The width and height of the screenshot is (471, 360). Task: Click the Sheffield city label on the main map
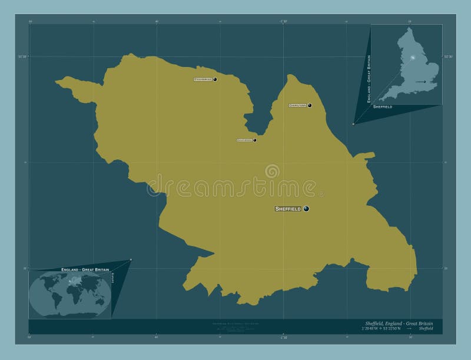pos(288,209)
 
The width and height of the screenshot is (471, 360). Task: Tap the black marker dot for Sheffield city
pos(306,209)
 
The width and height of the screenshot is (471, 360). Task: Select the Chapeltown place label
pos(297,106)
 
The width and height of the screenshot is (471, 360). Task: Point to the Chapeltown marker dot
pos(310,106)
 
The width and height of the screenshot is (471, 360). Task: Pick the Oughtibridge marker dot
pos(255,140)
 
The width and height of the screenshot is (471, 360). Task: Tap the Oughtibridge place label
pos(244,140)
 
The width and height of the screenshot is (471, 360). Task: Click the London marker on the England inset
pos(424,82)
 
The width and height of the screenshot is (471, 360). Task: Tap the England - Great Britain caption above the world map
pos(85,269)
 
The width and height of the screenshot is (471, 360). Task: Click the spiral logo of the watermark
pos(272,171)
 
